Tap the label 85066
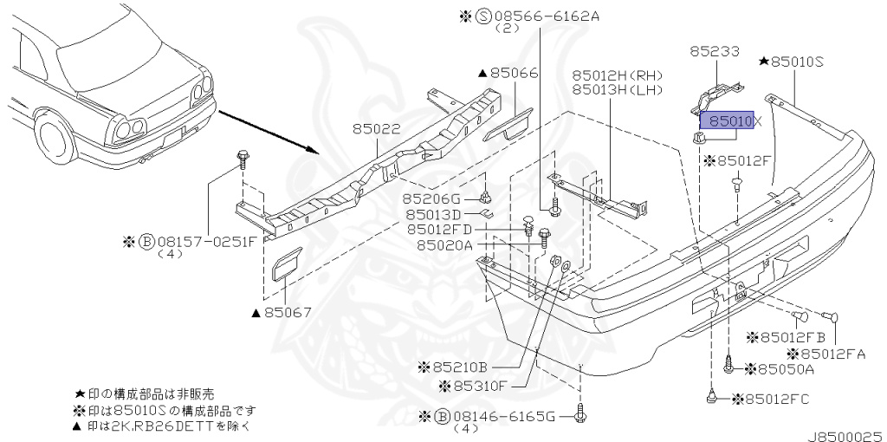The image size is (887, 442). pos(515,73)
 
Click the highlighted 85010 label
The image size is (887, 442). pos(727,120)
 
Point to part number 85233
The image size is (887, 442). pos(715,51)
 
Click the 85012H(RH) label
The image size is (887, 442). pos(617,75)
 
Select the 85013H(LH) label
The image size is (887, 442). pos(617,89)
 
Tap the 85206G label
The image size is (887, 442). pos(431,199)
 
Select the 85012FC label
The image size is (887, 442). pos(771,400)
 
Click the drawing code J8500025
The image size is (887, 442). pos(846,437)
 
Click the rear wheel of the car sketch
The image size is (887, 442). pos(55,138)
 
